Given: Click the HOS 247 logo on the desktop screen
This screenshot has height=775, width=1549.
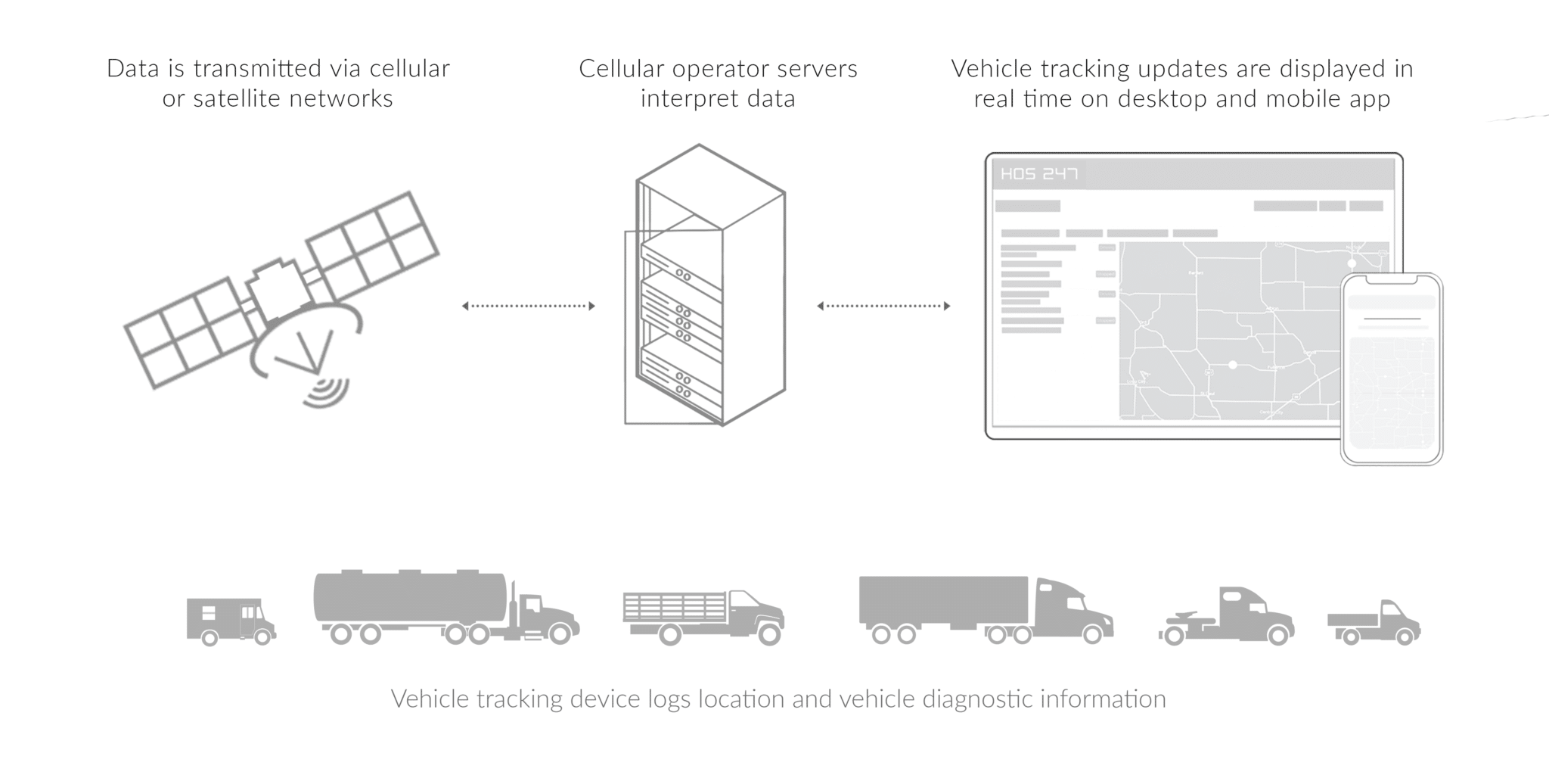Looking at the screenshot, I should pyautogui.click(x=1038, y=174).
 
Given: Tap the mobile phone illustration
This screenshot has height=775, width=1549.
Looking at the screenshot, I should pyautogui.click(x=1392, y=369).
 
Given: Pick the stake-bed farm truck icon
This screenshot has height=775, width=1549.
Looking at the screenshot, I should pyautogui.click(x=702, y=616).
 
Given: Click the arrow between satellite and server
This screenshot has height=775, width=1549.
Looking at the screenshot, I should pyautogui.click(x=528, y=306).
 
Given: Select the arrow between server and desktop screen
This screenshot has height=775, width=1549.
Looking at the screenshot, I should pyautogui.click(x=883, y=306).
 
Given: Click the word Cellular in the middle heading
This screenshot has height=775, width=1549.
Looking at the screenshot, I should pyautogui.click(x=620, y=69).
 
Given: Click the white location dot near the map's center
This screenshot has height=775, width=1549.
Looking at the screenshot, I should pyautogui.click(x=1232, y=365).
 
